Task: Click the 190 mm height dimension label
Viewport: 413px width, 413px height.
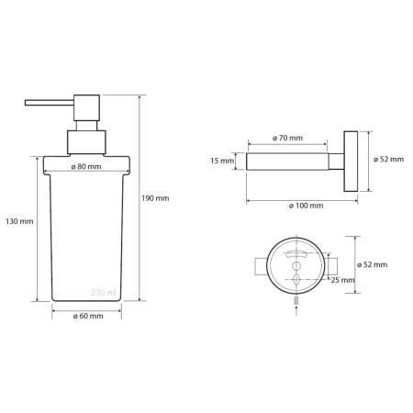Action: (x=155, y=198)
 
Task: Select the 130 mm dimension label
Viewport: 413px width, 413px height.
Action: (x=19, y=221)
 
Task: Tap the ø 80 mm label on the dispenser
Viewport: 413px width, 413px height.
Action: (x=86, y=167)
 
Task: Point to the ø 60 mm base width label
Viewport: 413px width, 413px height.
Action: (x=88, y=316)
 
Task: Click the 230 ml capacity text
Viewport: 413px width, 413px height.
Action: (x=104, y=293)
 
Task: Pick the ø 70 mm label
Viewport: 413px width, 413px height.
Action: (x=287, y=138)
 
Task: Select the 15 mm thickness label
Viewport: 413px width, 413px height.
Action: (x=222, y=161)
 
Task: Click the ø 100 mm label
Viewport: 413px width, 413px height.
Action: (x=306, y=206)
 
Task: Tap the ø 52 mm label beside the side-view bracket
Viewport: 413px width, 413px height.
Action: (x=388, y=160)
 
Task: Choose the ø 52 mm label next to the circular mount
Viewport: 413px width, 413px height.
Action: (x=372, y=264)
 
